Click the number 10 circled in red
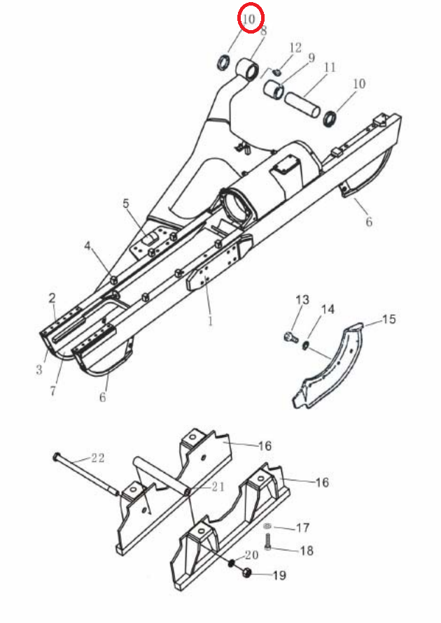point(250,18)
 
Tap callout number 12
point(295,48)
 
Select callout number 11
point(330,67)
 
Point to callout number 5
point(126,203)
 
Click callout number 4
point(87,246)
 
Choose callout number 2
point(52,298)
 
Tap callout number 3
point(39,369)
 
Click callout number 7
point(53,391)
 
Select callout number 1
point(210,321)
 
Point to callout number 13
point(302,299)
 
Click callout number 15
point(389,319)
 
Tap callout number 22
point(98,458)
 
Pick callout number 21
point(218,487)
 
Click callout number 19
point(279,575)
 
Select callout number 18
point(307,551)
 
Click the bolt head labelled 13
point(290,337)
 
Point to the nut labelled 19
point(247,573)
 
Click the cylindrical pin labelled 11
point(303,104)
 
